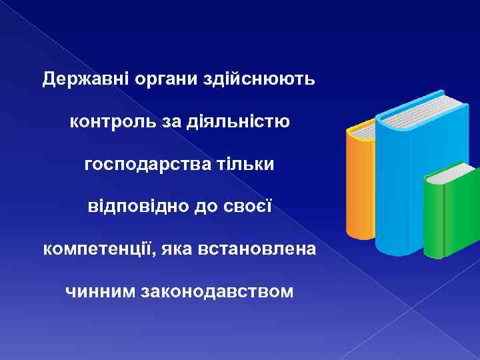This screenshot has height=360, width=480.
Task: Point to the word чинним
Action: (100, 291)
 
